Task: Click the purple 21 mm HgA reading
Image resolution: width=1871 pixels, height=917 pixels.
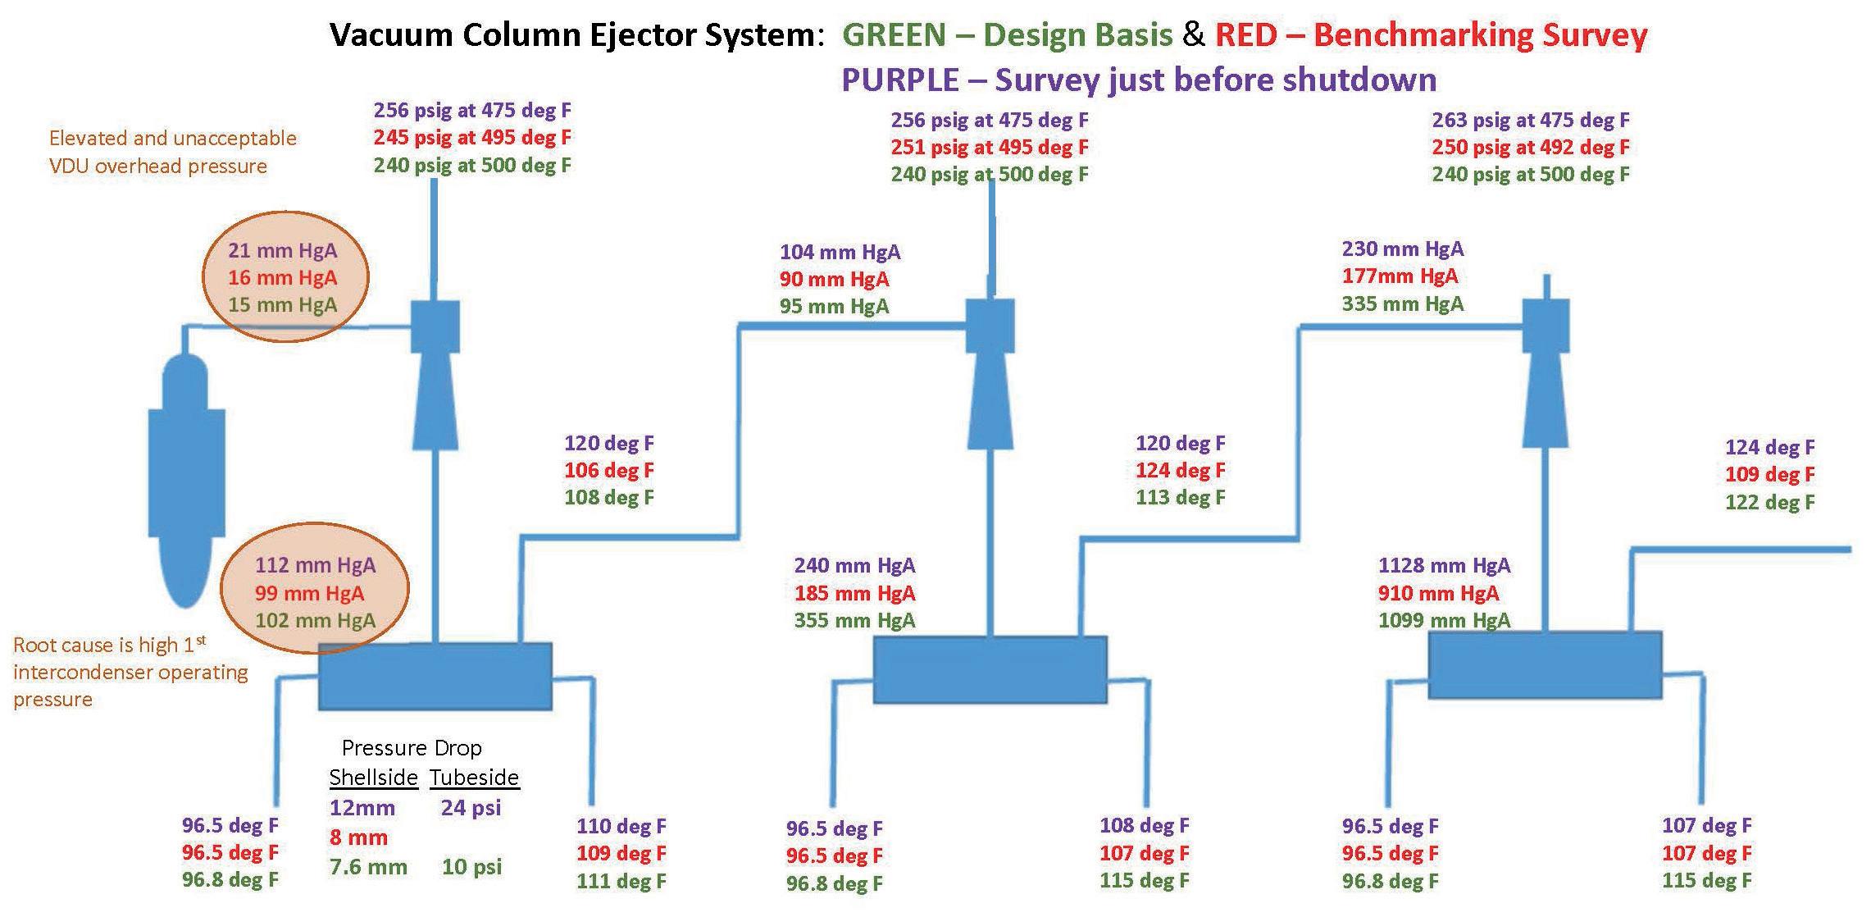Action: click(282, 250)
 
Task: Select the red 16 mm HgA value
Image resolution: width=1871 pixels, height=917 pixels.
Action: click(282, 278)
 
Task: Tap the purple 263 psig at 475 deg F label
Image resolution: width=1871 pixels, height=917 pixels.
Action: click(1530, 120)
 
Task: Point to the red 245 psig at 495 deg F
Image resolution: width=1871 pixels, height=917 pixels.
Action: click(472, 137)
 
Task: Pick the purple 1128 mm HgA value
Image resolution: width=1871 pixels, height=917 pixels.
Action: click(1444, 565)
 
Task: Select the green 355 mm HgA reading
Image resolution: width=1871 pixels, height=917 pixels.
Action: click(854, 620)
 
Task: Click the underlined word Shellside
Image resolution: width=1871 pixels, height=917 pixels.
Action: click(374, 777)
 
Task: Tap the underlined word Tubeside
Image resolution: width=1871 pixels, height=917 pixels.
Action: click(475, 777)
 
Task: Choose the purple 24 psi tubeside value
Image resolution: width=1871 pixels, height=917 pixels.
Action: click(471, 808)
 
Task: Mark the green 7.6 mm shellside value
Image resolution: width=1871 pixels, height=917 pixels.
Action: click(368, 867)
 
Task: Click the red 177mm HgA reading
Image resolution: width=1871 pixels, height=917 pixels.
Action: click(1400, 276)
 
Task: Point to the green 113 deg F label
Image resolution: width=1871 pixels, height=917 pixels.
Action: click(1180, 497)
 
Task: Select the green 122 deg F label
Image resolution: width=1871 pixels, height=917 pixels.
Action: click(1769, 502)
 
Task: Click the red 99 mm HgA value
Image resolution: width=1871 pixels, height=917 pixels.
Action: click(309, 593)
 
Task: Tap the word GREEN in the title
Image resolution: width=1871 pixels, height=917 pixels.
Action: click(895, 34)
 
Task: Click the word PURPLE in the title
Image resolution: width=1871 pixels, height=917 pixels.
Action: click(899, 80)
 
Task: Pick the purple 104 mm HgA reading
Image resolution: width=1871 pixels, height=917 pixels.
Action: click(840, 252)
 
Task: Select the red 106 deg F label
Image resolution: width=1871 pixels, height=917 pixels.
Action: click(608, 470)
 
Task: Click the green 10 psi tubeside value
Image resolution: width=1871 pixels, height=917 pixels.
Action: click(471, 867)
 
